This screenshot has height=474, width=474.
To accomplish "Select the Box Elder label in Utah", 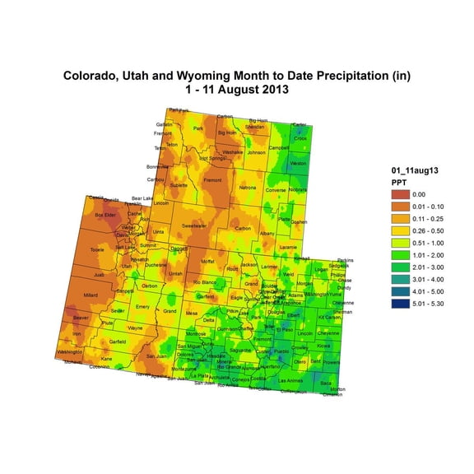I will click(x=105, y=215).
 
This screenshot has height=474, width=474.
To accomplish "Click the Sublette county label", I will click(x=179, y=186).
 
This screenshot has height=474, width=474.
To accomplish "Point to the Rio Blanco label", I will click(x=204, y=282).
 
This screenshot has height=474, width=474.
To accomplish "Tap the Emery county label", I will click(x=143, y=306).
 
